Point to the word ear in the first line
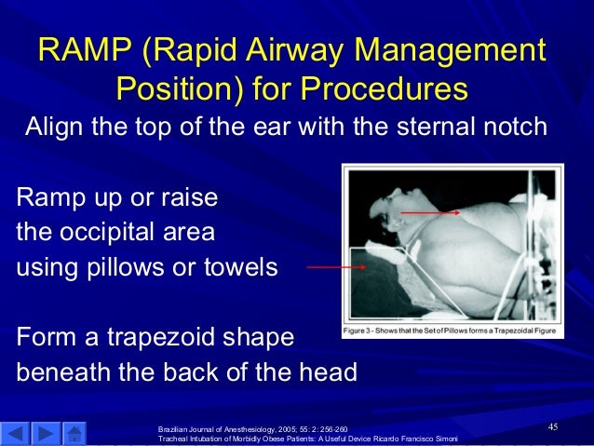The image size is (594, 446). point(273,127)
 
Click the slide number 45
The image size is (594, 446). point(552,426)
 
